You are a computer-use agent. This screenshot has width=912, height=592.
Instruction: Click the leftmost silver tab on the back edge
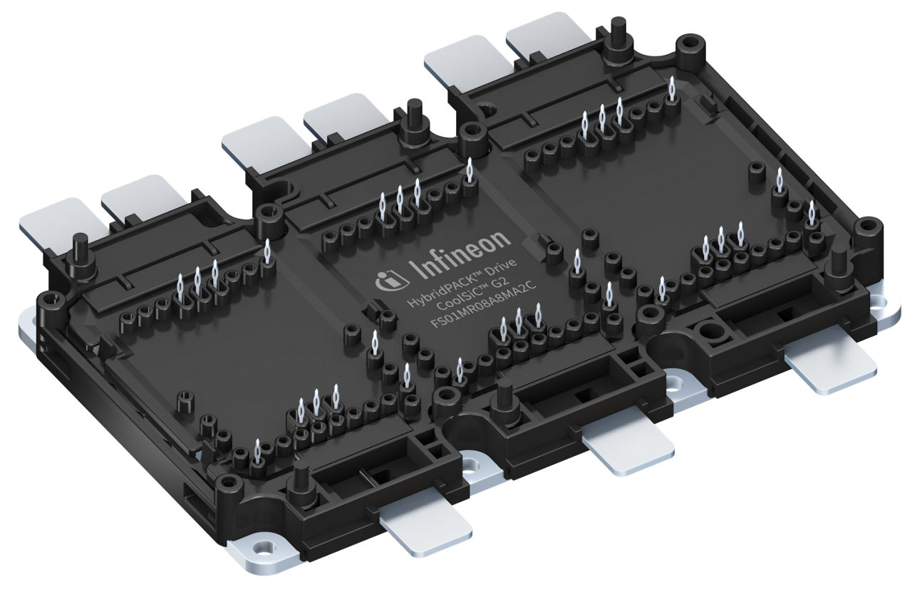(61, 222)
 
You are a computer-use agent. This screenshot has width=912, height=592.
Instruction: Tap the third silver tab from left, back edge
(264, 140)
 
